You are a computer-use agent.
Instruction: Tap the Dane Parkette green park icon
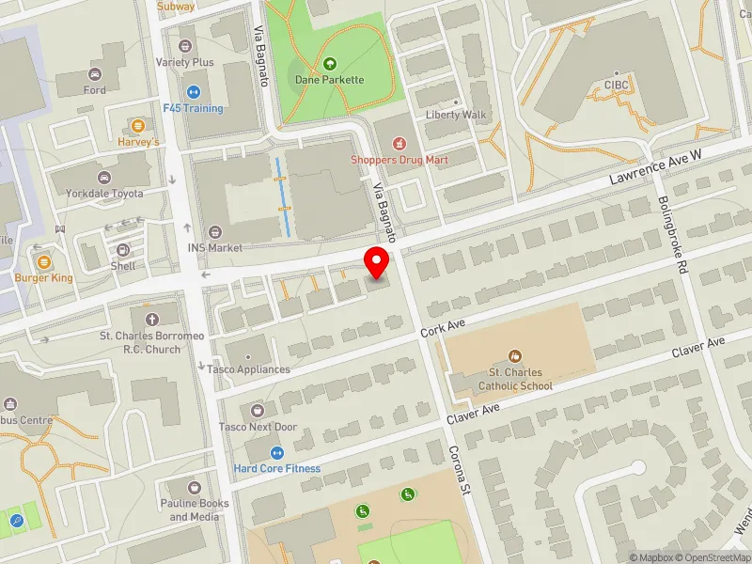click(x=329, y=64)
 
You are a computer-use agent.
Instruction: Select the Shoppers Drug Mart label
click(x=399, y=160)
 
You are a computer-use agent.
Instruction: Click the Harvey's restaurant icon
click(x=138, y=125)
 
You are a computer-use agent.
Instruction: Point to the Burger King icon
click(x=43, y=261)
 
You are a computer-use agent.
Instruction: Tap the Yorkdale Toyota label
click(x=103, y=194)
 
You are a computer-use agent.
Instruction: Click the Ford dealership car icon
click(x=94, y=74)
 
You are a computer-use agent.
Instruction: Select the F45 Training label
click(x=193, y=108)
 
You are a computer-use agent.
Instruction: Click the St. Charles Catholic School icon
click(x=515, y=356)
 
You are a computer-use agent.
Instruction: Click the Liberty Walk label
click(x=456, y=116)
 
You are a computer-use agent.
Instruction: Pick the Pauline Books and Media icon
click(x=195, y=488)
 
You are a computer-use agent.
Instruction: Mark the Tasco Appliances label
click(x=248, y=369)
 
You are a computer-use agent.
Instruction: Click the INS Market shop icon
click(x=215, y=232)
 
